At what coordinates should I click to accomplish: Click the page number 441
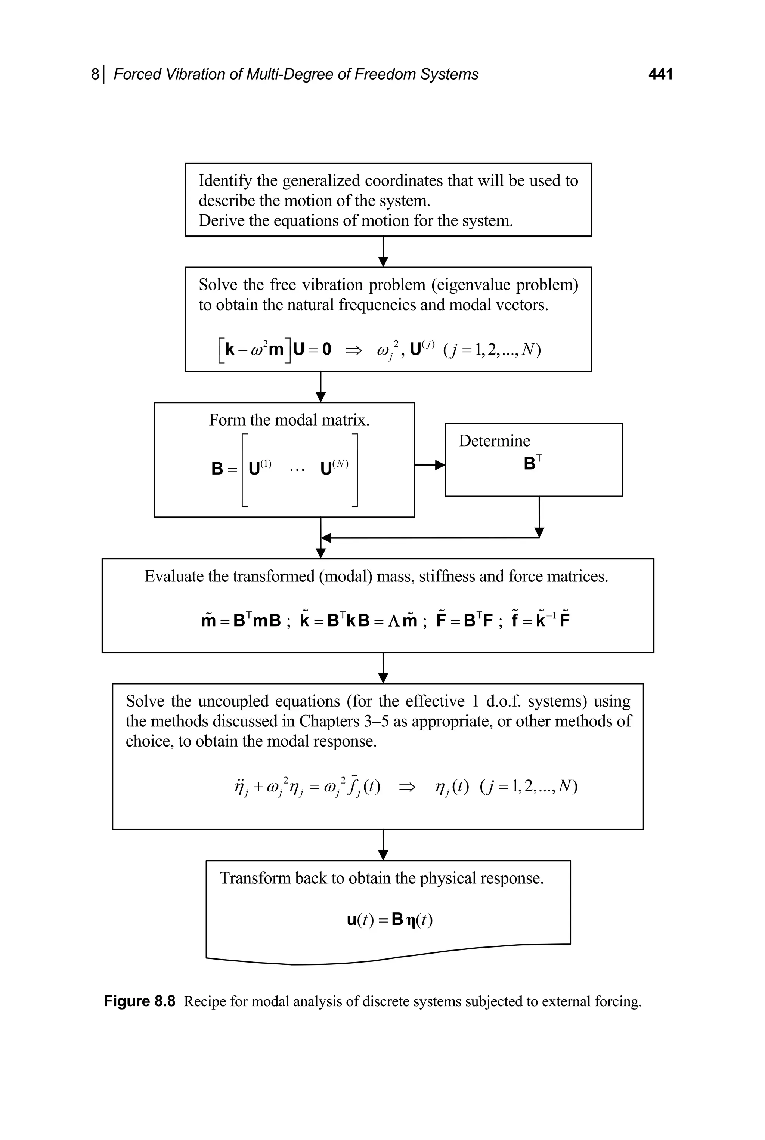coord(660,74)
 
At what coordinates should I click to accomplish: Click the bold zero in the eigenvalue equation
coord(326,349)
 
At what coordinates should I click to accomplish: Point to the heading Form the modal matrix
coord(289,420)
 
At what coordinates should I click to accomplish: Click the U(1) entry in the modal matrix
coord(260,468)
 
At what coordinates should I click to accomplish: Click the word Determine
coord(494,441)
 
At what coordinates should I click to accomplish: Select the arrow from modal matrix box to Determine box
coord(429,466)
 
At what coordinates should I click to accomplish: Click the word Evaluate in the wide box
coord(174,577)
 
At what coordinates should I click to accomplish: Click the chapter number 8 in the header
coord(95,74)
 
